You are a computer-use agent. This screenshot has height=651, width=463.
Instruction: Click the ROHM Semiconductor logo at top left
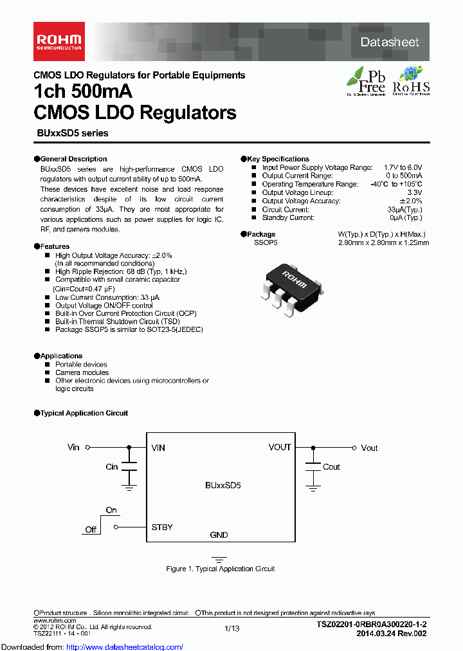58,37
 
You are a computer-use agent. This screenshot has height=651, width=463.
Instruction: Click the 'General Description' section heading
73,159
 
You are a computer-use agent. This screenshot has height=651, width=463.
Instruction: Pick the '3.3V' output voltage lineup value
414,192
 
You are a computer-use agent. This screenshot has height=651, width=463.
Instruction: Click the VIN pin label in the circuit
158,448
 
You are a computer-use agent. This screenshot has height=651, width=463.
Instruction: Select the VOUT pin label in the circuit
280,447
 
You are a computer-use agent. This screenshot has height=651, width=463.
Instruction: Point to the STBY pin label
162,527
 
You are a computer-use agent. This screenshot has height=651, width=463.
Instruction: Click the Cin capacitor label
112,466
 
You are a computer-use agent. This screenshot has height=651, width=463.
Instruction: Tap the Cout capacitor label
332,467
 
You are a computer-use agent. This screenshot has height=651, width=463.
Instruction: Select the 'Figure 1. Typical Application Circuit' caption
220,569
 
